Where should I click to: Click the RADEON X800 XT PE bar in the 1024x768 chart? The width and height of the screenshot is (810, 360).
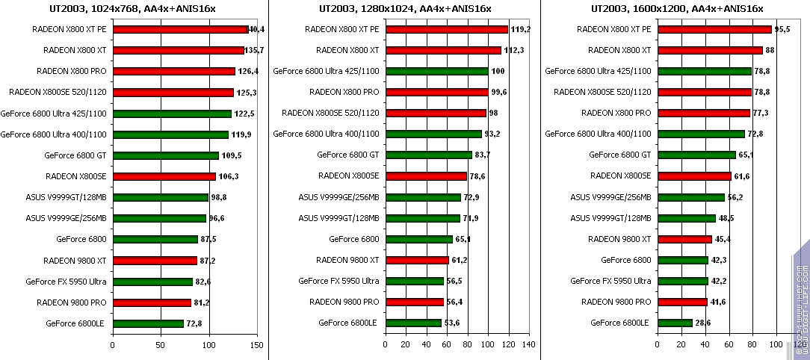pyautogui.click(x=179, y=29)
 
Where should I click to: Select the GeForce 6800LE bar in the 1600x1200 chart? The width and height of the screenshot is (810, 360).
pyautogui.click(x=675, y=323)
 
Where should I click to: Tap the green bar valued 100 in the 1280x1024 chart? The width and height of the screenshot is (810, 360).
pyautogui.click(x=436, y=72)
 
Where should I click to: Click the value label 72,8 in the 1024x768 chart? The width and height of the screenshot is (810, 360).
pyautogui.click(x=195, y=323)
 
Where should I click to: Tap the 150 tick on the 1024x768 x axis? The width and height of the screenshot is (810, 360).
pyautogui.click(x=256, y=345)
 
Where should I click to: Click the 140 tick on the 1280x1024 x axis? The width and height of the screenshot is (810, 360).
pyautogui.click(x=528, y=345)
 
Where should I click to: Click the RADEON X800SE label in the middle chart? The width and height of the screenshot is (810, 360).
pyautogui.click(x=349, y=176)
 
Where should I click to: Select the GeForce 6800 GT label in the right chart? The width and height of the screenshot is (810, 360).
pyautogui.click(x=620, y=155)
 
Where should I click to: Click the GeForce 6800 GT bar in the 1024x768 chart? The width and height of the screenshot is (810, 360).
pyautogui.click(x=166, y=155)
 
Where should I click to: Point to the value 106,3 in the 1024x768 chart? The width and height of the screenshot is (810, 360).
pyautogui.click(x=228, y=176)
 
